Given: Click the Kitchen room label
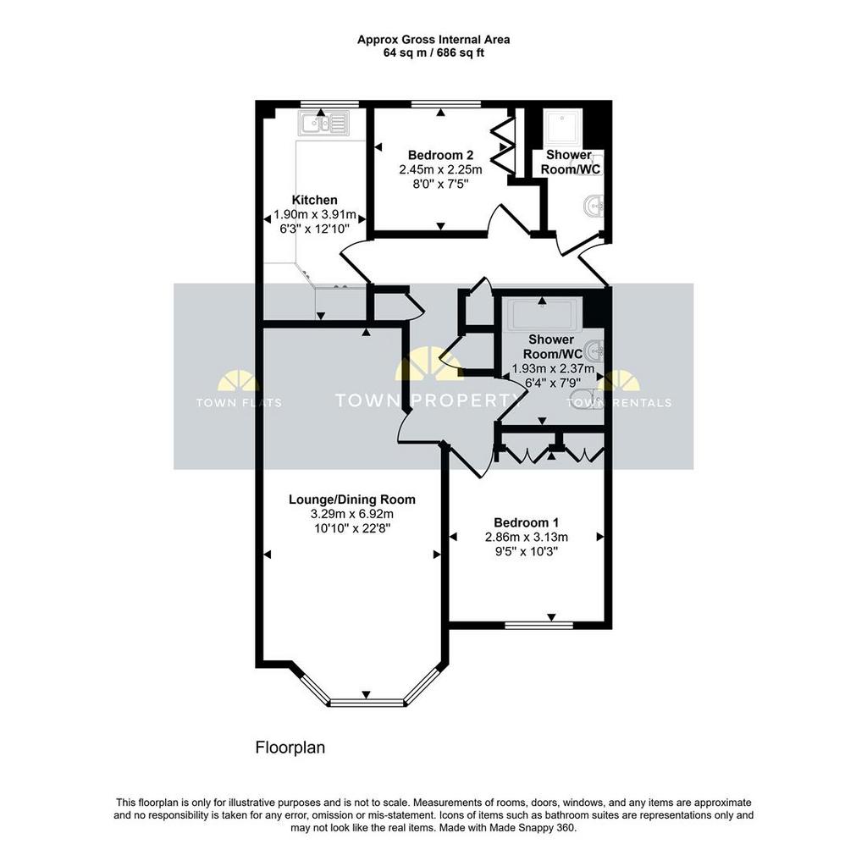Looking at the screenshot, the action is [x=314, y=200].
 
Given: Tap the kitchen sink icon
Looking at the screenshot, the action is [x=323, y=123].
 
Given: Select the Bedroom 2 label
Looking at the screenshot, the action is [x=440, y=155].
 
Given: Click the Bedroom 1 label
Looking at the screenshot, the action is [x=526, y=522].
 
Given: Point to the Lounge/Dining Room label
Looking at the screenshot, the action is [x=351, y=500].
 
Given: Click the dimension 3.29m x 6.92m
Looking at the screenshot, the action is [x=351, y=514].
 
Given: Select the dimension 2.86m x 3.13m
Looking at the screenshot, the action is [x=526, y=537].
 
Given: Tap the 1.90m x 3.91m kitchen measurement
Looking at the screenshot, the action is [x=315, y=214].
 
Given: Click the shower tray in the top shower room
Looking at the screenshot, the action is [x=562, y=128].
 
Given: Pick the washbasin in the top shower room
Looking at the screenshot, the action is [x=594, y=207].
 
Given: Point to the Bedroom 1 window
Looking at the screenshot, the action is [x=539, y=625].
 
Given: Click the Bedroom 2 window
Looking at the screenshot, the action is [x=446, y=104].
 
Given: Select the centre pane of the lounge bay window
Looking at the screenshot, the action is [x=367, y=704].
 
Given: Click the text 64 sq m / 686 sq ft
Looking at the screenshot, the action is [x=433, y=53].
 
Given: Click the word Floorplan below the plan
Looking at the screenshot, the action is [x=290, y=748].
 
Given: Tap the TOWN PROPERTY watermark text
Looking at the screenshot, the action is [x=428, y=400].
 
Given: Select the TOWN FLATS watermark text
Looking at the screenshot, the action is [x=239, y=403].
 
